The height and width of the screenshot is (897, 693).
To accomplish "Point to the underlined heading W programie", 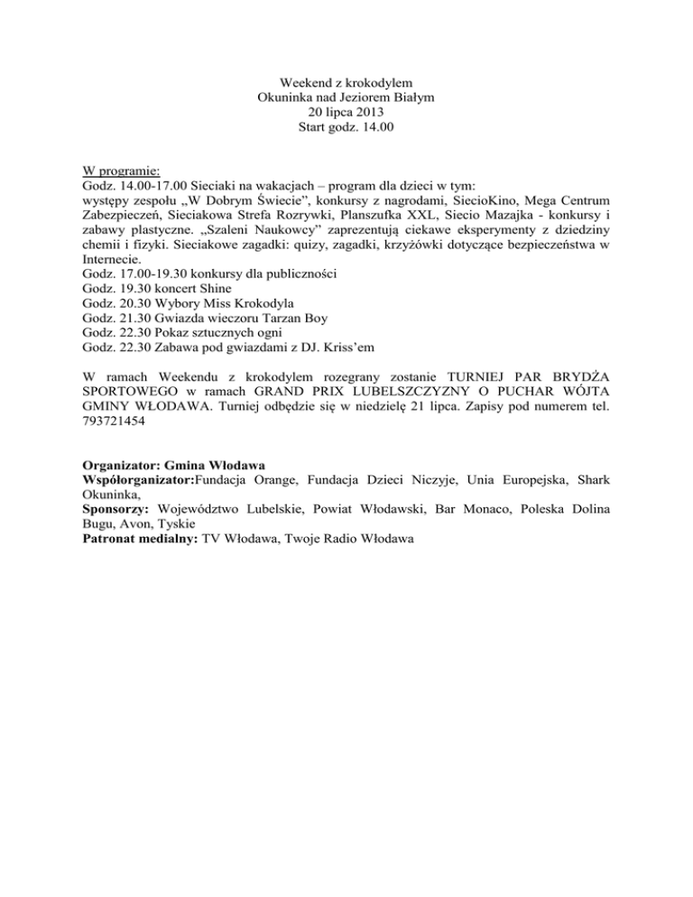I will tap(120, 169).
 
